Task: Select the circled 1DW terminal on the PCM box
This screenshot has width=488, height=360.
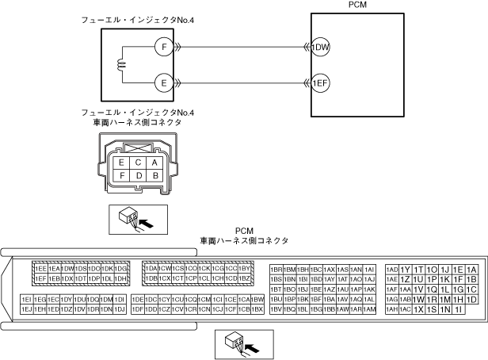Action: [320, 48]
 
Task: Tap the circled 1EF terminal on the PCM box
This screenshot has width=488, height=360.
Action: [320, 82]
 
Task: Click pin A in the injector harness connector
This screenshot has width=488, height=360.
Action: [155, 163]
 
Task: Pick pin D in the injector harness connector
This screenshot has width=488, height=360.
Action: [138, 175]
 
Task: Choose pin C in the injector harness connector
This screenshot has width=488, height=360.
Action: [138, 163]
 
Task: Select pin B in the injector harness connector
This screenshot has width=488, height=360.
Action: [155, 175]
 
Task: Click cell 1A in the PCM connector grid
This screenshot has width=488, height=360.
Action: [471, 270]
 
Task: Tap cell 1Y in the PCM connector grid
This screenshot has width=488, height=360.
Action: [405, 270]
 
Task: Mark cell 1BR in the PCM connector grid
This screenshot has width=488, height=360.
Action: [276, 270]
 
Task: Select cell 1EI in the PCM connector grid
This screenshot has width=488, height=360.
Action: [26, 299]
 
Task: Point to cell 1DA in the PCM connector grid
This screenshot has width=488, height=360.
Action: [151, 269]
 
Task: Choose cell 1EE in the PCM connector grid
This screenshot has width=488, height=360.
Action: [40, 269]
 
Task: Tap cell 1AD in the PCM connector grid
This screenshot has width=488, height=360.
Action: [391, 270]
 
